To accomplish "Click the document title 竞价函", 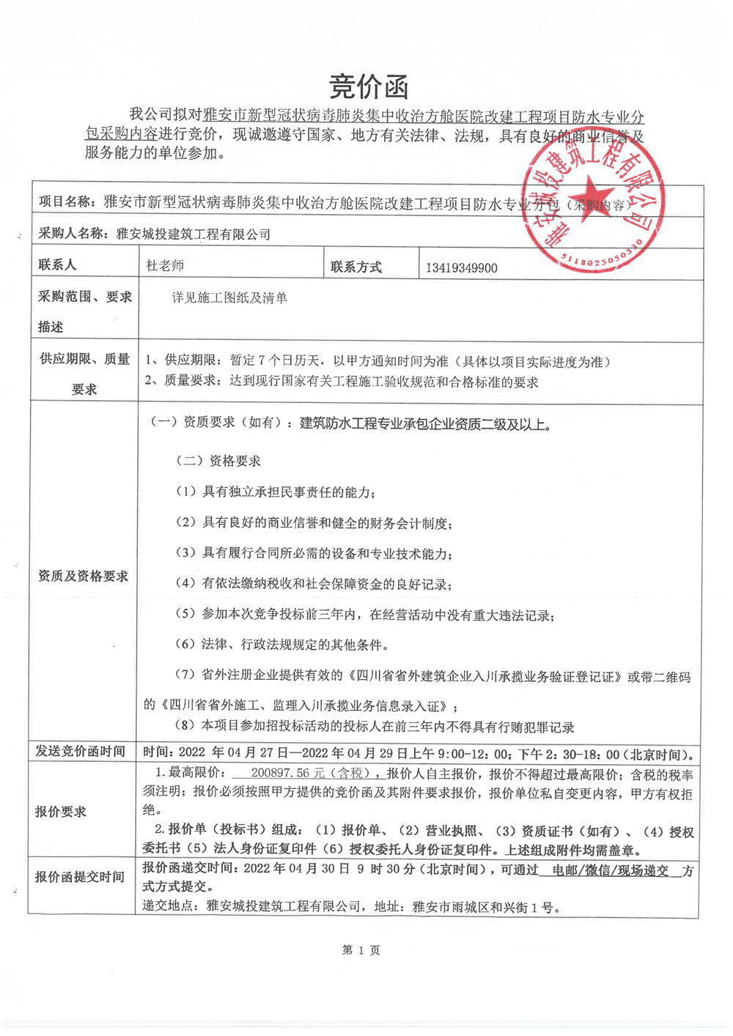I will [368, 87].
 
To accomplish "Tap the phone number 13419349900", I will [461, 268].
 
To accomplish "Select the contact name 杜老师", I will [165, 265].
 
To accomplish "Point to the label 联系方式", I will [356, 267].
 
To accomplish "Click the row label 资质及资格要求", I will [83, 577].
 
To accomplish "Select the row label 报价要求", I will [61, 812].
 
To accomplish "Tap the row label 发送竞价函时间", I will [81, 752].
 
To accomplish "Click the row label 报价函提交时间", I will [80, 877].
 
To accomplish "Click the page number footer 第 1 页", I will [361, 950].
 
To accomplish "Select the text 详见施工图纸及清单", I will [229, 297].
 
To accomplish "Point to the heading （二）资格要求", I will [218, 461].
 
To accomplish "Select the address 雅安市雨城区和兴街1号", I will [485, 907].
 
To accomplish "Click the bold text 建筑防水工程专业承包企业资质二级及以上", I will [425, 423].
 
